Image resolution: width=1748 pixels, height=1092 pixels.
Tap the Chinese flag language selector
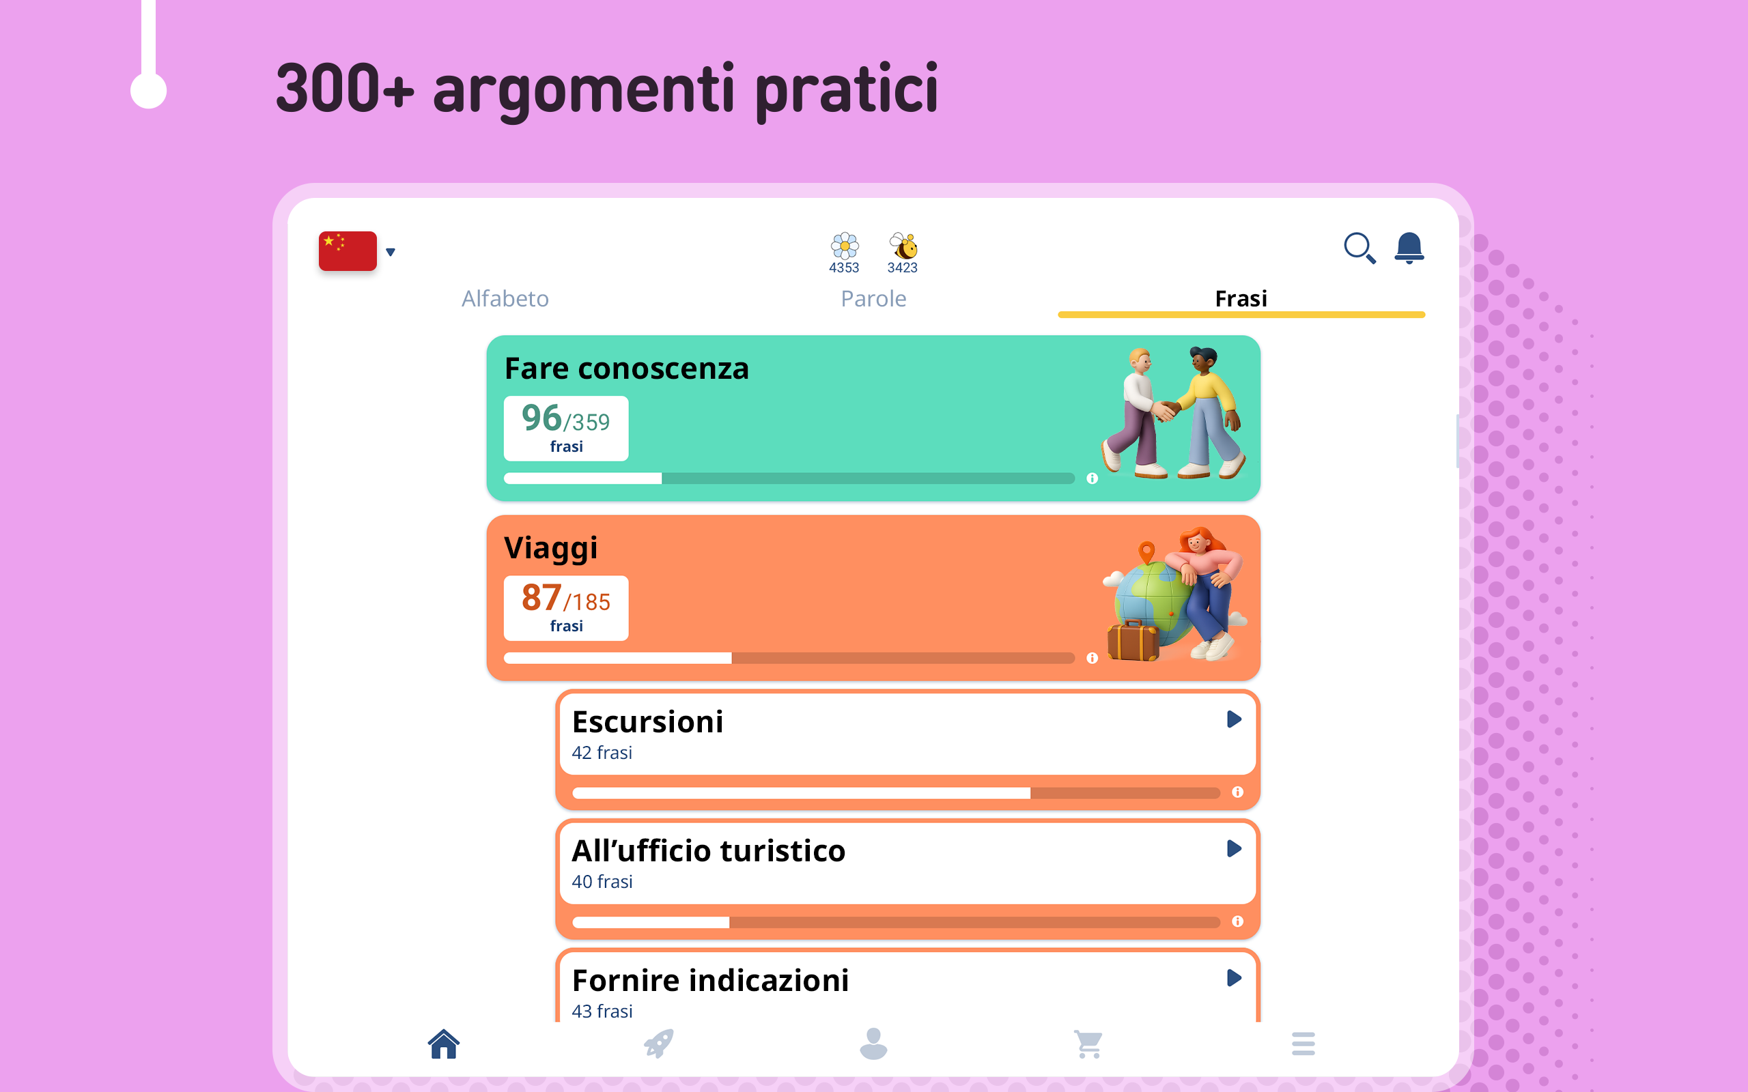point(348,250)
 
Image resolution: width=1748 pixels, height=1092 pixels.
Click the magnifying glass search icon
point(1359,248)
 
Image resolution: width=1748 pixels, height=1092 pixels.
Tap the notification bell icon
point(1409,248)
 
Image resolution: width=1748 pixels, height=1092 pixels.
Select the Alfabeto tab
point(505,298)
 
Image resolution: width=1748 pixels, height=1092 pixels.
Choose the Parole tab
point(873,298)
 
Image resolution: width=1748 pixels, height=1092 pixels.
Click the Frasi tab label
point(1241,298)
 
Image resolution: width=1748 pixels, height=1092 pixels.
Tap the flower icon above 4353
point(845,246)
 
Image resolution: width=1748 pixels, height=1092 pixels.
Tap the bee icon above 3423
point(903,246)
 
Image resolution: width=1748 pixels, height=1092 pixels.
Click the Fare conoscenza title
point(627,369)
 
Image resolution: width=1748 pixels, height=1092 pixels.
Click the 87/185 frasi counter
point(565,608)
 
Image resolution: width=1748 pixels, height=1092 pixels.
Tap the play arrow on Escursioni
point(1234,719)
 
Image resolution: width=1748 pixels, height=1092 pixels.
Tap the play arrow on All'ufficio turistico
point(1234,848)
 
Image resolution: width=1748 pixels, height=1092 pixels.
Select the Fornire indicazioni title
point(710,980)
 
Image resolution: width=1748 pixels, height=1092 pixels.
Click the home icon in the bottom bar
point(444,1044)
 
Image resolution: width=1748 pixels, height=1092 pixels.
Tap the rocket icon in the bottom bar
point(659,1044)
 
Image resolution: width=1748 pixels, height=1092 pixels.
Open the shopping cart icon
point(1088,1044)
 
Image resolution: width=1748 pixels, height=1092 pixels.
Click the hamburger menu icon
point(1303,1044)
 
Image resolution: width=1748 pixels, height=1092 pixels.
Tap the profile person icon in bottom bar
point(873,1044)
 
